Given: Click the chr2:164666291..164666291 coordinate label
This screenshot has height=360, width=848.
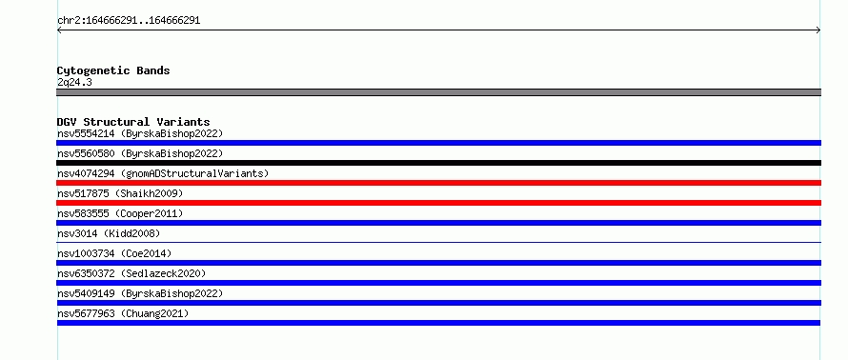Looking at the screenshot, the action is coord(129,21).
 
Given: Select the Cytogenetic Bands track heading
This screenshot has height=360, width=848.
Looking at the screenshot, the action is coord(113,70).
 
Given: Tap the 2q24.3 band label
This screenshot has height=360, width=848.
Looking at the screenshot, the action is coord(74,83).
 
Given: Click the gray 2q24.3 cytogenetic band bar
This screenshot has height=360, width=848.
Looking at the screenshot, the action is coord(438,92).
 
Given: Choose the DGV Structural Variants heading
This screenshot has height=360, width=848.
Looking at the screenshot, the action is coord(133,122).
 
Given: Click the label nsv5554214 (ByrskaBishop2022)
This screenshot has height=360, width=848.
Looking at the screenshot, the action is coord(140,134).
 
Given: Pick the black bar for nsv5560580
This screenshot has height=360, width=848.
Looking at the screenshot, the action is coord(438,163).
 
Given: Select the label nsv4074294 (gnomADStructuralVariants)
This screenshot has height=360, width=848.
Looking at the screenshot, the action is coord(163,174).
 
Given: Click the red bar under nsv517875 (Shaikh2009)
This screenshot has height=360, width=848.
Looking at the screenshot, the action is coord(438,203).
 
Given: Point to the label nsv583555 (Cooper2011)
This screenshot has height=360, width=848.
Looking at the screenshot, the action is coord(120,214).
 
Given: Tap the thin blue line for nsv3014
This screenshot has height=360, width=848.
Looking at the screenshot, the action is coord(438,242).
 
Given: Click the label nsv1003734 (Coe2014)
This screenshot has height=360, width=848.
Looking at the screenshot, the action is coord(114,254).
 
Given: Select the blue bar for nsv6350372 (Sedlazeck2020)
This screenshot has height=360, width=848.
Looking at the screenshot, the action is coord(438,283).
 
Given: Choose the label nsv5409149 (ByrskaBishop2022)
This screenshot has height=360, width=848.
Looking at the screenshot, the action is coord(140,294).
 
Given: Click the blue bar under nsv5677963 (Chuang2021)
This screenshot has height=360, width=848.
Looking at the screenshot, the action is coord(438,323).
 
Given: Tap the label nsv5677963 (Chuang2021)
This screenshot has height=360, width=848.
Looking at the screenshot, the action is coord(123,314).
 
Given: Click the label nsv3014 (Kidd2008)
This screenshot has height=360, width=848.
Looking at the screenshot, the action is coord(109,234).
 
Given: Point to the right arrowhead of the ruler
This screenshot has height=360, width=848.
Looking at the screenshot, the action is coord(819,30).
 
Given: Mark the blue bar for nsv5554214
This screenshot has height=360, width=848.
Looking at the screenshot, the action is coord(438,143).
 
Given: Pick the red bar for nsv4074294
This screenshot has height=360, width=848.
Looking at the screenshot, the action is coord(438,183).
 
